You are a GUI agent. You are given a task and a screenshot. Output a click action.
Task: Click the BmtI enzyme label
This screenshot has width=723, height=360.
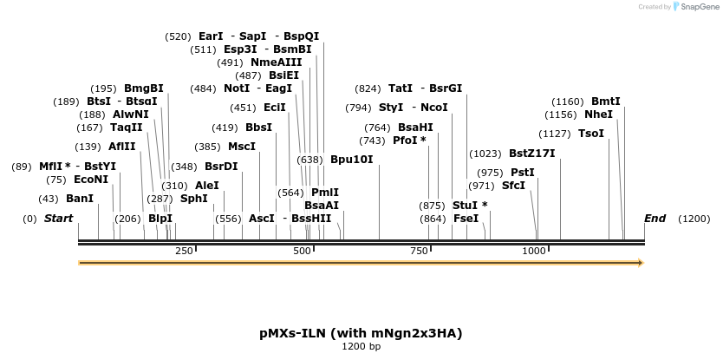(x=606, y=101)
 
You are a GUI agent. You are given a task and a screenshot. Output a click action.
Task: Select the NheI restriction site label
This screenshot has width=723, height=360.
(x=598, y=115)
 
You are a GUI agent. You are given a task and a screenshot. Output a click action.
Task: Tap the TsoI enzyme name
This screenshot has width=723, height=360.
(x=590, y=134)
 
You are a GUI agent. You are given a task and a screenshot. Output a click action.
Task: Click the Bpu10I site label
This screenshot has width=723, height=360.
(x=351, y=160)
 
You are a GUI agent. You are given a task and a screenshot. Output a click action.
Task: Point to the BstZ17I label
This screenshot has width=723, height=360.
(x=531, y=154)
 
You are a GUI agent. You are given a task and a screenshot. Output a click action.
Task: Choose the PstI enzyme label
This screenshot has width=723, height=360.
(x=523, y=173)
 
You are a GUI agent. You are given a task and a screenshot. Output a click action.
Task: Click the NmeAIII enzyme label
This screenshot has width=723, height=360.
(x=277, y=62)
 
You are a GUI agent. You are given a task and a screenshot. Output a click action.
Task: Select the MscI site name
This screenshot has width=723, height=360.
(x=242, y=147)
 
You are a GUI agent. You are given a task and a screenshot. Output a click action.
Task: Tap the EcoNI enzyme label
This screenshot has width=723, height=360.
(x=91, y=180)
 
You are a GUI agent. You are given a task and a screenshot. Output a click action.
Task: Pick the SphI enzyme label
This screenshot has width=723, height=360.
(x=194, y=199)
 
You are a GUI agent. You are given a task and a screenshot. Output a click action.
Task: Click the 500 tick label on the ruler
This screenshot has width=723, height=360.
(x=302, y=251)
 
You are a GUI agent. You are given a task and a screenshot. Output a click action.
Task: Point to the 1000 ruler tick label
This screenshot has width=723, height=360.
(x=534, y=251)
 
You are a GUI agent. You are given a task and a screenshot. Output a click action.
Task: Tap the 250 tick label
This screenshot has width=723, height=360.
(x=184, y=251)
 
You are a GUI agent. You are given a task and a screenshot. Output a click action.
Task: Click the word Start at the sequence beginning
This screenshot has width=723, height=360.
(x=58, y=219)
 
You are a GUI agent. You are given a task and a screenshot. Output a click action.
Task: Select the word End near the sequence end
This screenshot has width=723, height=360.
(x=655, y=219)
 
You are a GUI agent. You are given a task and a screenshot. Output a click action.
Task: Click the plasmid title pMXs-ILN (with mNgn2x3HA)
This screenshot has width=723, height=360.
(x=361, y=333)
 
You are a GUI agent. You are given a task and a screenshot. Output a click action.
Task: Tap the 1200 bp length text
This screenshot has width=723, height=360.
(x=361, y=347)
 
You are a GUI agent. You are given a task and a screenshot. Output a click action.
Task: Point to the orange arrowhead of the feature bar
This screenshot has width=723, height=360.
(x=641, y=262)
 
